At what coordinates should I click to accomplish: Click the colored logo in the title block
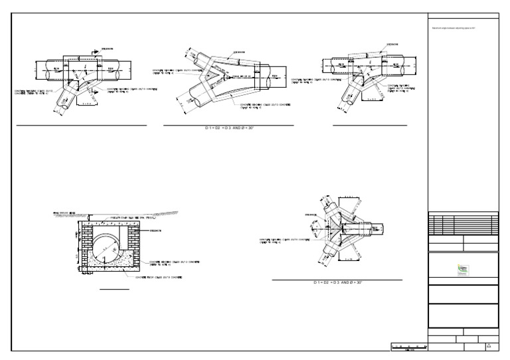pyautogui.click(x=463, y=270)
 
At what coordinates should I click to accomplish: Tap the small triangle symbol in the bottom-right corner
pyautogui.click(x=489, y=345)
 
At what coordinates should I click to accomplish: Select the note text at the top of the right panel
pyautogui.click(x=455, y=28)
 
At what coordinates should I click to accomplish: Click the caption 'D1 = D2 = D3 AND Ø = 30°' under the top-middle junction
pyautogui.click(x=229, y=127)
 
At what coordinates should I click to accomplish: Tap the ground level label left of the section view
pyautogui.click(x=64, y=213)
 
